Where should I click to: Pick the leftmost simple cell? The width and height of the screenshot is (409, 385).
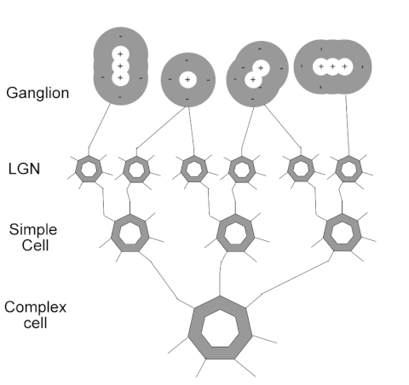pos(129,233)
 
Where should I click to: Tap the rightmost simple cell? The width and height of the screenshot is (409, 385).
pos(343,233)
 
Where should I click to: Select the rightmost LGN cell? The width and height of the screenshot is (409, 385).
pos(348,169)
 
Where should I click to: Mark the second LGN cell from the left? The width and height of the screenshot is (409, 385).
pos(135,169)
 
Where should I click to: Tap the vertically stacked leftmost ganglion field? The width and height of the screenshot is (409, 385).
pos(120,66)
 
